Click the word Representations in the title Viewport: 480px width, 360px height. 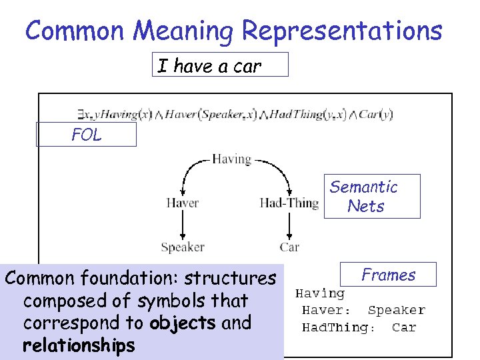(x=342, y=31)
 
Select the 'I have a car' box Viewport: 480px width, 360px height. (x=220, y=65)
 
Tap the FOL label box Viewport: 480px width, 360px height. (x=87, y=135)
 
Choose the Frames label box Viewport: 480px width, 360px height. (x=388, y=275)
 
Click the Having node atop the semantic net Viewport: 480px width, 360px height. (x=231, y=159)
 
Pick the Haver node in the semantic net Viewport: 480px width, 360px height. (x=182, y=203)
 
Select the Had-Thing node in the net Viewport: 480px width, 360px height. (x=289, y=203)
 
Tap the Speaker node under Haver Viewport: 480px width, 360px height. (x=182, y=247)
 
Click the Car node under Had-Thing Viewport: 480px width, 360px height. (x=289, y=247)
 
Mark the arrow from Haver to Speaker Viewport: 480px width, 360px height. (x=182, y=225)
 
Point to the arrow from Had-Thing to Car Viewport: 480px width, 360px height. (x=289, y=225)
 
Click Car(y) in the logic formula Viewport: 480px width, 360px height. (x=376, y=114)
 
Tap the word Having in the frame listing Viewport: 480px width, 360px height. (x=320, y=293)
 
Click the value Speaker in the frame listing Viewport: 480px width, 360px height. (x=396, y=310)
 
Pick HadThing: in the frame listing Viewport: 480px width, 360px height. (x=339, y=327)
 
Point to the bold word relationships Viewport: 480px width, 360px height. (x=78, y=345)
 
